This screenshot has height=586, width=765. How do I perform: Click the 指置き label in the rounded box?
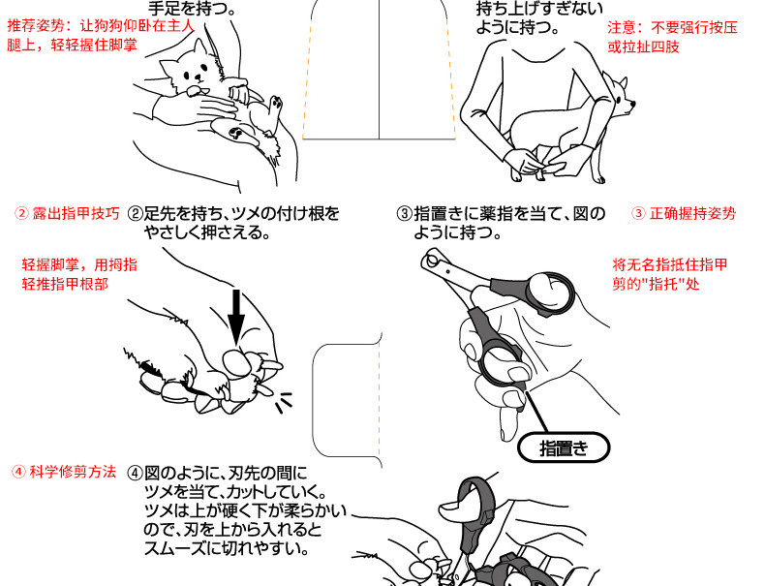[x=563, y=448]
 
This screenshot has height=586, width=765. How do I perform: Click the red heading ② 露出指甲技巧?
[x=67, y=213]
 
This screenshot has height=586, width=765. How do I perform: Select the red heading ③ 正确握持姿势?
[x=683, y=213]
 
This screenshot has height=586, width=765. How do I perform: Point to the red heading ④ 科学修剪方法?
[x=64, y=473]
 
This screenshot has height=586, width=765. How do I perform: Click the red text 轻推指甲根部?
[x=65, y=284]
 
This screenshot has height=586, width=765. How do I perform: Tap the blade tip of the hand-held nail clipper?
[x=429, y=259]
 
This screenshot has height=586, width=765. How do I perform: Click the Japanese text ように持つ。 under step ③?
[x=457, y=233]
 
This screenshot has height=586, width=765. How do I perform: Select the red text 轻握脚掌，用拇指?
[x=78, y=263]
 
